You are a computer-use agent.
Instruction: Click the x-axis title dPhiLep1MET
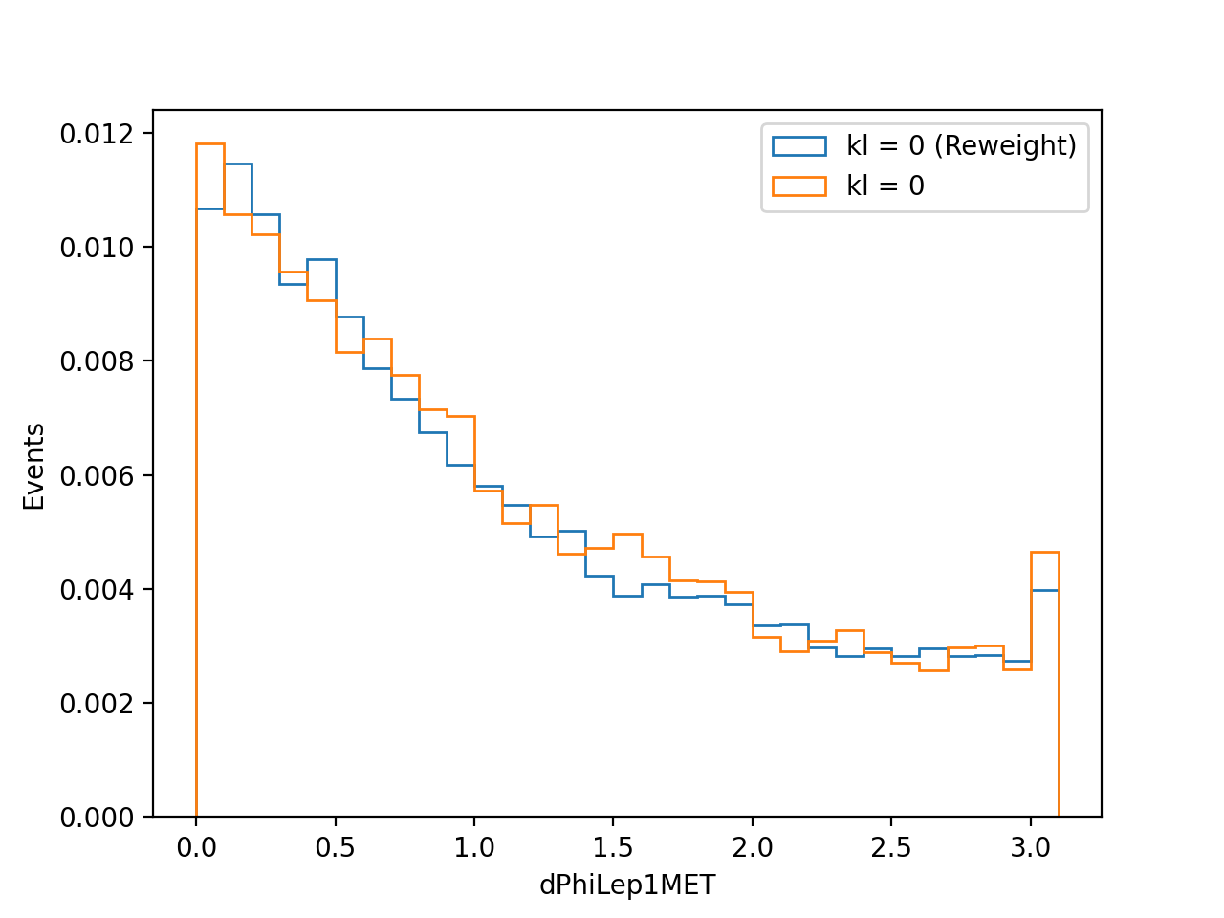626,885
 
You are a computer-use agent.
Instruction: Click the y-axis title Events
33,467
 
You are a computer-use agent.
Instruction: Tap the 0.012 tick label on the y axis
97,134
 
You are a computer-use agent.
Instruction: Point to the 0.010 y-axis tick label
97,248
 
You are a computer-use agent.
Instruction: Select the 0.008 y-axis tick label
97,361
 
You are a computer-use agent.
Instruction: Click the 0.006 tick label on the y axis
97,475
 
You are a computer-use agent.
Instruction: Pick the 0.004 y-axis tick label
97,589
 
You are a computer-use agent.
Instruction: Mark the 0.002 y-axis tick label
97,704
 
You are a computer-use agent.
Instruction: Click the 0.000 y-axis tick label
97,817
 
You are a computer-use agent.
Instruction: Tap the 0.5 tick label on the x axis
335,848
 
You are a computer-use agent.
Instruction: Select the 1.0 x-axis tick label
474,848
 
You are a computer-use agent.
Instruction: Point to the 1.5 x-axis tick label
613,848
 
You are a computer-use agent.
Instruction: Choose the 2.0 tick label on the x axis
753,848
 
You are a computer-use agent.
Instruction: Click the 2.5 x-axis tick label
891,848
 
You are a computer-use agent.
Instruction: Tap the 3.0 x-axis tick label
1031,848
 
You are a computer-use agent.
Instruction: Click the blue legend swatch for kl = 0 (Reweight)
799,146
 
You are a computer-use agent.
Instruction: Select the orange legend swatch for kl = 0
799,186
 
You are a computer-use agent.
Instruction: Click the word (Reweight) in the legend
1005,146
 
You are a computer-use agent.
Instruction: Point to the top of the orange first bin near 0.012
210,143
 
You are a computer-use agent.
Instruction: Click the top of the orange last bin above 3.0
1044,553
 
